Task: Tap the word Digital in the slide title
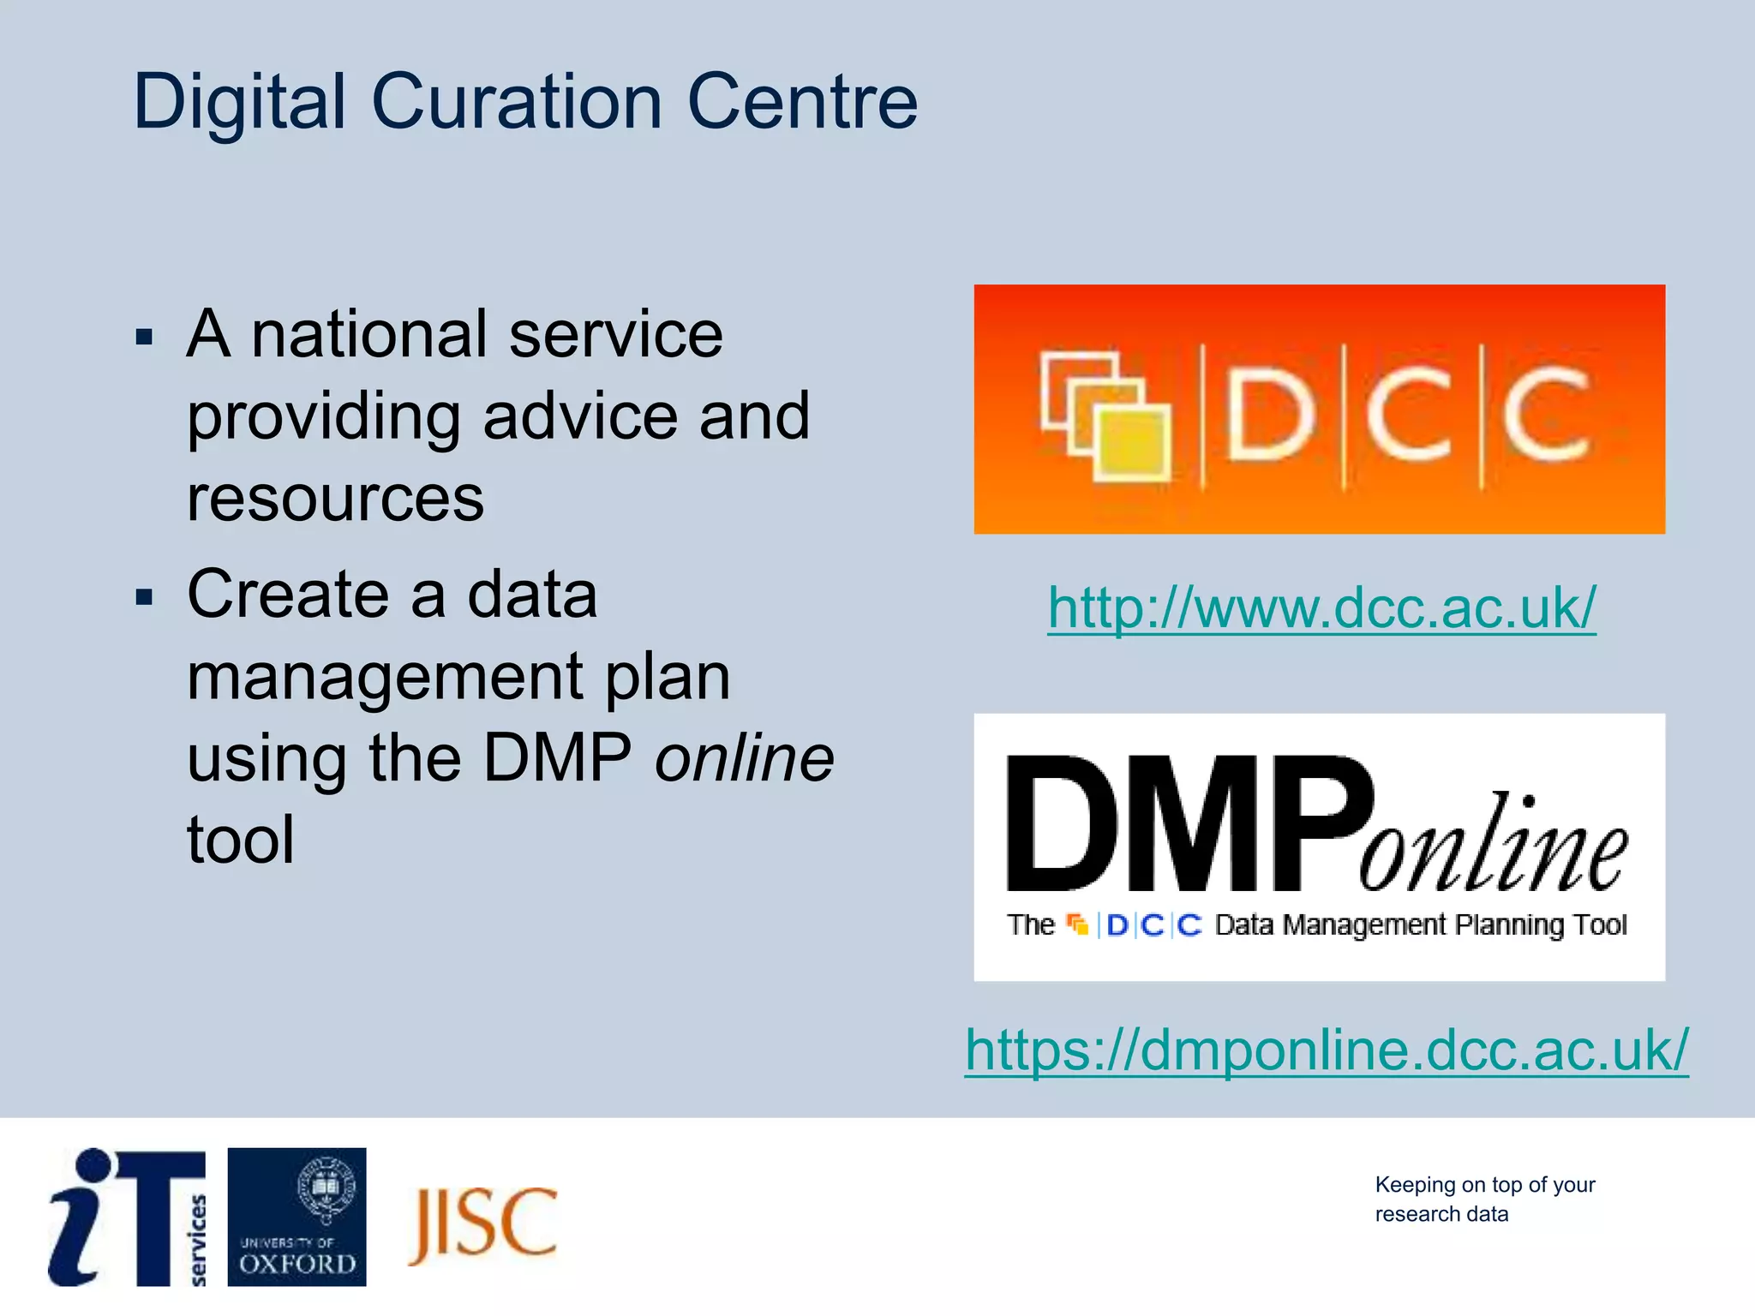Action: point(239,104)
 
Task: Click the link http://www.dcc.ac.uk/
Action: point(1321,607)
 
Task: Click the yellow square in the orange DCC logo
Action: point(1133,443)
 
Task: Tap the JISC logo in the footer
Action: point(483,1223)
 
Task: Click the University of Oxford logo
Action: point(296,1217)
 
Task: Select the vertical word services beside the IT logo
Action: point(197,1240)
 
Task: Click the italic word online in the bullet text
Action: point(744,758)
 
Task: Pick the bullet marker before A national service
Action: point(144,337)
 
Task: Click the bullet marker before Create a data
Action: point(144,596)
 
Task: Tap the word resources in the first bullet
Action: point(335,499)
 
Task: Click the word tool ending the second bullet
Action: point(241,839)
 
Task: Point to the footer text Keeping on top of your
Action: point(1484,1184)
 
